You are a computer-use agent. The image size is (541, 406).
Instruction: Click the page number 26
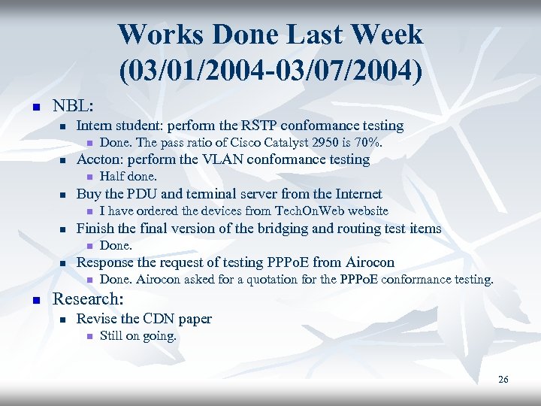pyautogui.click(x=503, y=380)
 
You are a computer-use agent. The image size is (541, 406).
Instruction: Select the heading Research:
pyautogui.click(x=88, y=298)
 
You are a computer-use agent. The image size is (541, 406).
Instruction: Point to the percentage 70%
pyautogui.click(x=367, y=143)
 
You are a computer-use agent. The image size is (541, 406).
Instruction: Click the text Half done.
pyautogui.click(x=128, y=177)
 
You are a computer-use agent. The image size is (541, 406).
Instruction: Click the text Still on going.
pyautogui.click(x=138, y=336)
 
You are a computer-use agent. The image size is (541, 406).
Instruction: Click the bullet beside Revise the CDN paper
pyautogui.click(x=63, y=320)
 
